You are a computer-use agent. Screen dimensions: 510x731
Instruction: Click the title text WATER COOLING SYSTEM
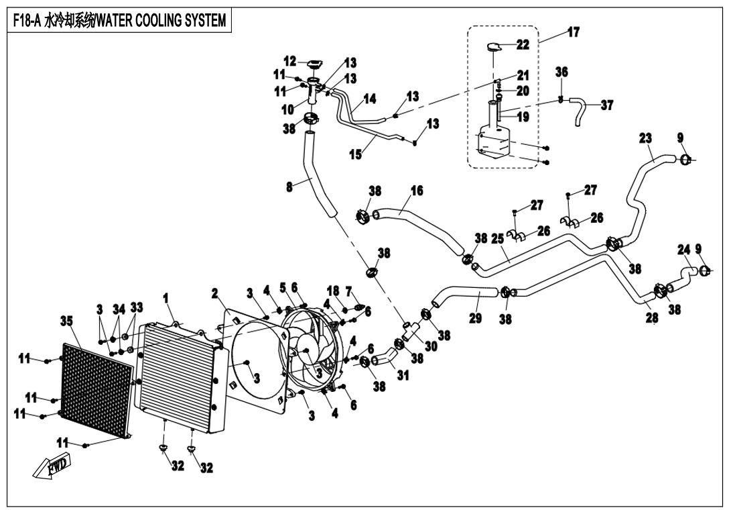161,21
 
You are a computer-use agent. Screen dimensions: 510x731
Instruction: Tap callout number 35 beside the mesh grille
66,321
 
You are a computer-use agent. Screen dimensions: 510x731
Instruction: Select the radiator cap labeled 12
314,64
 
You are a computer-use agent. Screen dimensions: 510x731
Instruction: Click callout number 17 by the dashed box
574,32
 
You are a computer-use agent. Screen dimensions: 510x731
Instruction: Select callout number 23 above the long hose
645,138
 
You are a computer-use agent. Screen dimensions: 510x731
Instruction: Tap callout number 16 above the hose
416,191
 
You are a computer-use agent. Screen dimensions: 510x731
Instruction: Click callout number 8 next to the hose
289,187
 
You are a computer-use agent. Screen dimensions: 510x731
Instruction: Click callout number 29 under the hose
475,317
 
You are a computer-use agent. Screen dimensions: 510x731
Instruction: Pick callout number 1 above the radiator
165,297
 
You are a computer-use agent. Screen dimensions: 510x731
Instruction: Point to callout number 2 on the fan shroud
215,293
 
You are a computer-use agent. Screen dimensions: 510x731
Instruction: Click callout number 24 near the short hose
683,250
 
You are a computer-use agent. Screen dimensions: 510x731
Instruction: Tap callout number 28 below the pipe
651,317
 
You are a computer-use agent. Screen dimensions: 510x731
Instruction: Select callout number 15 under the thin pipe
355,154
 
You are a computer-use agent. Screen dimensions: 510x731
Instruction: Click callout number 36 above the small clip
561,72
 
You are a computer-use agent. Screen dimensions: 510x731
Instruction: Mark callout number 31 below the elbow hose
403,376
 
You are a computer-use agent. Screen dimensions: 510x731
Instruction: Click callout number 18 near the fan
333,290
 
